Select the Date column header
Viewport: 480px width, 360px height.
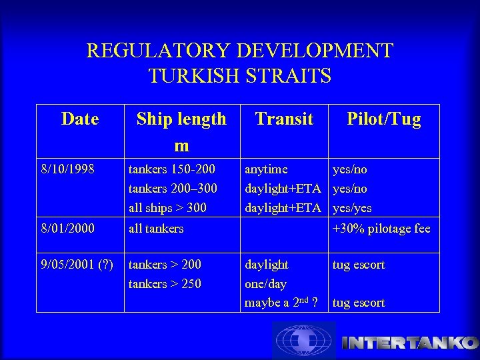point(80,119)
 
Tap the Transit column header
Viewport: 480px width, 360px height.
point(284,119)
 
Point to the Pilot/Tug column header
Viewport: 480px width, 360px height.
point(383,119)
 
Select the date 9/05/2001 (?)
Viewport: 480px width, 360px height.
point(77,265)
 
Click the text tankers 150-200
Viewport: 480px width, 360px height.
point(172,169)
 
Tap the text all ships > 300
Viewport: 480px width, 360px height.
point(167,207)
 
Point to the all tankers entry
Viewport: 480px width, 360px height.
point(155,228)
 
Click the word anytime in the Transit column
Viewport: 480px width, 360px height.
point(266,169)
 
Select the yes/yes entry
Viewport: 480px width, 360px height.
point(351,207)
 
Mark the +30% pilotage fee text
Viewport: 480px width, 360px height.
point(381,228)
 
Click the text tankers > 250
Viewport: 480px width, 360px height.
point(164,283)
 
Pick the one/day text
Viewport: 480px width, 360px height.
point(265,283)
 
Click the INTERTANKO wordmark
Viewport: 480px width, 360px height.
point(409,343)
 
